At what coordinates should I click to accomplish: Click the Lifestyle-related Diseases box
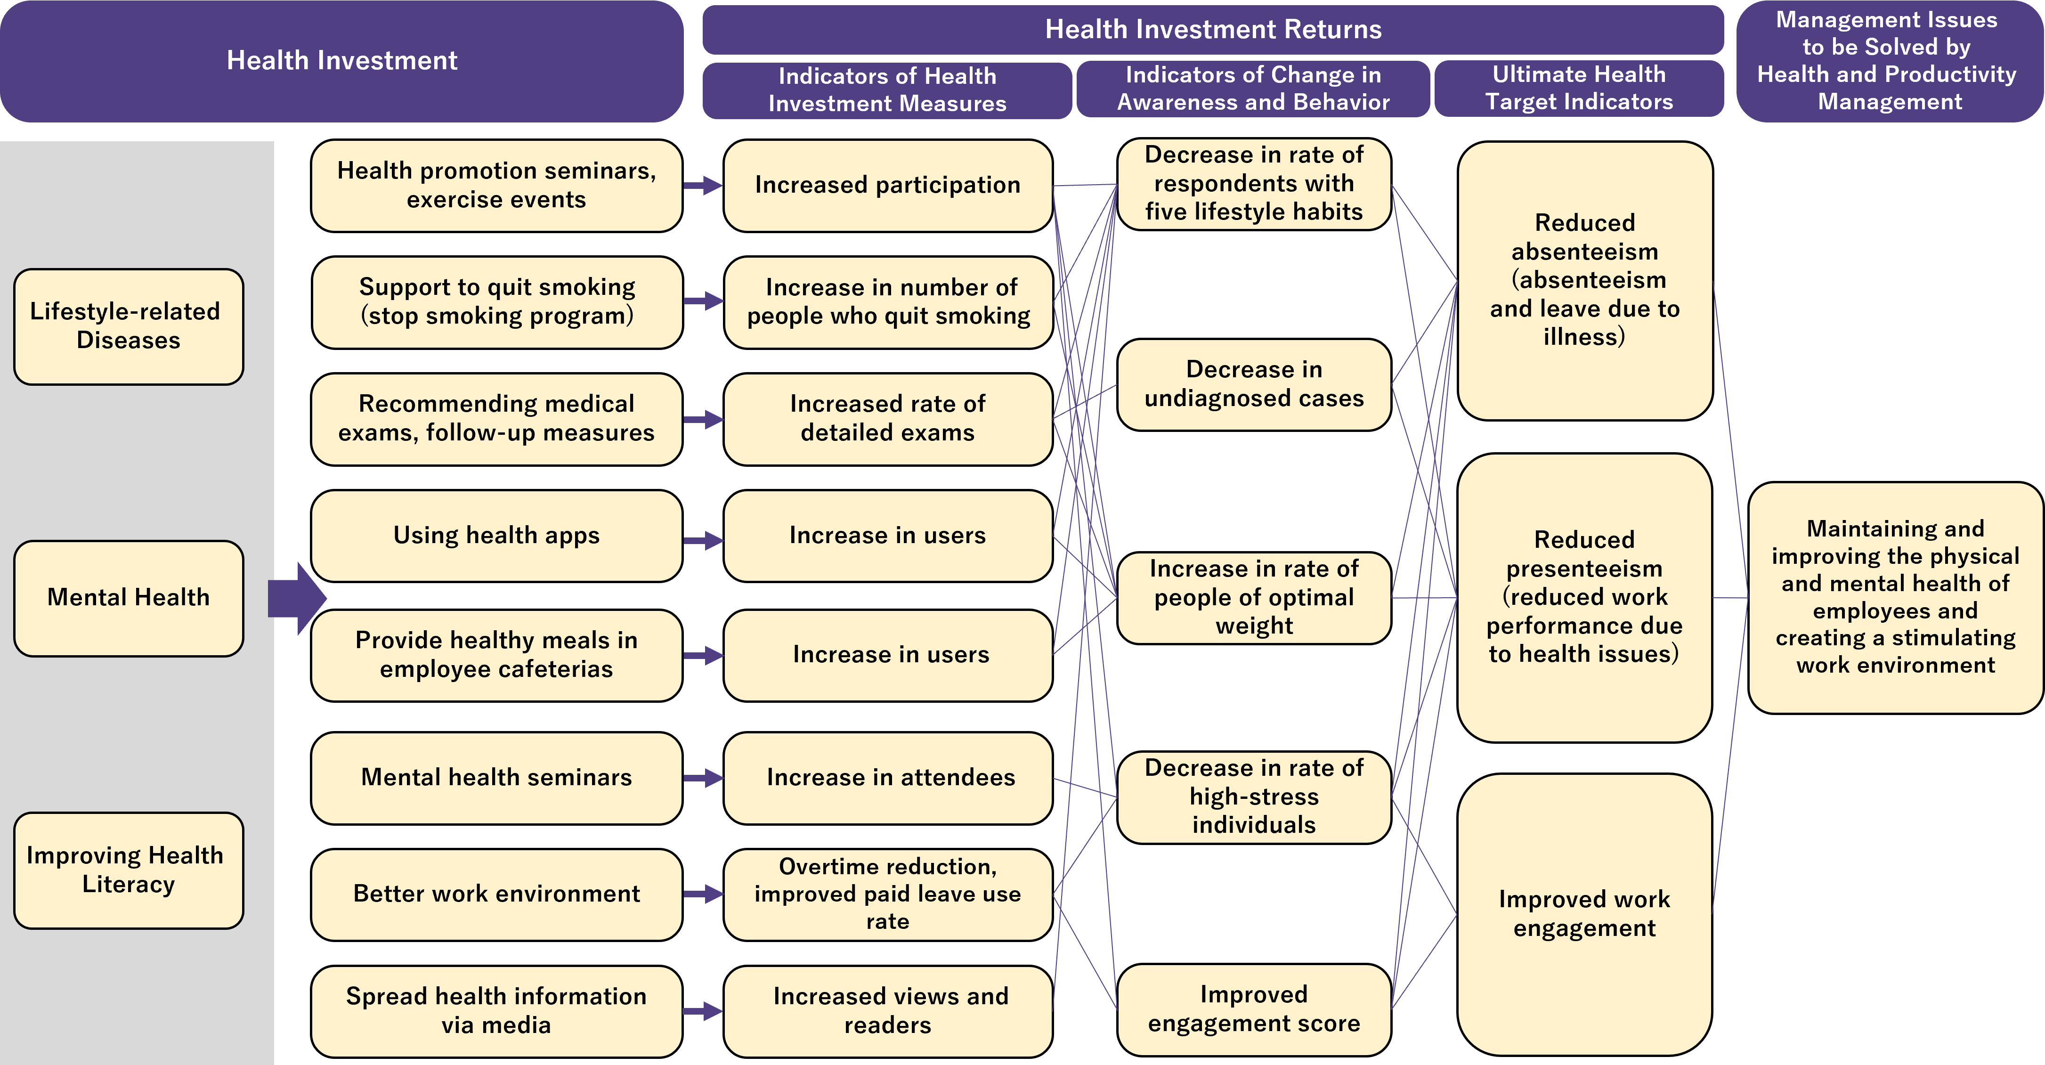[128, 326]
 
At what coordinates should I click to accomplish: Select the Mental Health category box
[128, 598]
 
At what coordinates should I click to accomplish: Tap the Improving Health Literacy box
[128, 870]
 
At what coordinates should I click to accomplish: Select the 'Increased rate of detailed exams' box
[887, 419]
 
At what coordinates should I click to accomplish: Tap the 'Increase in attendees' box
[887, 778]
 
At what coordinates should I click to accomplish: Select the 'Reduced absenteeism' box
[1584, 280]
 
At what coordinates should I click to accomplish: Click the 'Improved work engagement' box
[1584, 914]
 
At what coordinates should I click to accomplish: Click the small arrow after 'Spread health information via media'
[703, 1011]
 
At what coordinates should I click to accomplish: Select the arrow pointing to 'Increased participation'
[703, 186]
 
